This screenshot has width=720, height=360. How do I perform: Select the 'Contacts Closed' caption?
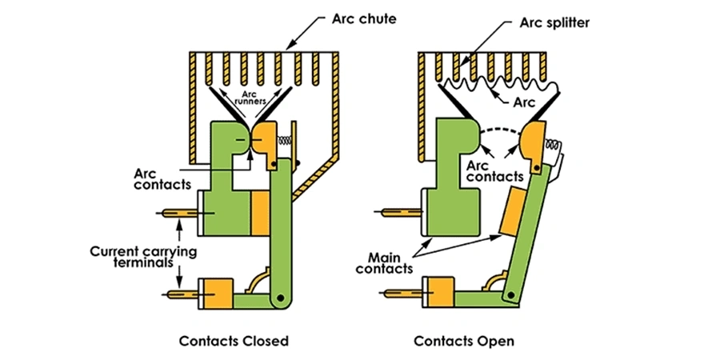pyautogui.click(x=234, y=341)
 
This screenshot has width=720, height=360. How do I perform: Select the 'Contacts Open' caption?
pyautogui.click(x=464, y=341)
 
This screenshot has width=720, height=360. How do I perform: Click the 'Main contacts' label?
pyautogui.click(x=390, y=263)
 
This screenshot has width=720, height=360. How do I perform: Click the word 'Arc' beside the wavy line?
pyautogui.click(x=523, y=102)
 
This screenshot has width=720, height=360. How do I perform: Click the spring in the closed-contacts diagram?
pyautogui.click(x=282, y=141)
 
